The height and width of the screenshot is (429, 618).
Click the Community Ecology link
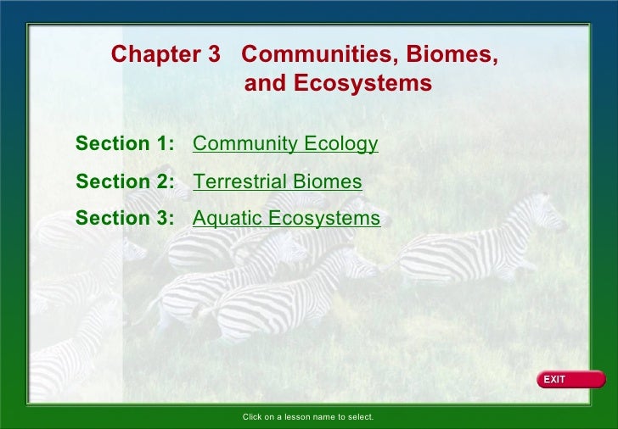coord(285,144)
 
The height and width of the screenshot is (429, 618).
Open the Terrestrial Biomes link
coord(278,182)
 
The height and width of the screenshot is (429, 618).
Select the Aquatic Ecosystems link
coord(287,219)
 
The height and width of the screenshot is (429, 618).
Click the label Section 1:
coord(125,144)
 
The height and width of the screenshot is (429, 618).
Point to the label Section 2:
coord(125,182)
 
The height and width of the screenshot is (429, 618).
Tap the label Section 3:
coord(125,219)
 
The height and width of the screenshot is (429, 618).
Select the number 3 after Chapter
coord(214,54)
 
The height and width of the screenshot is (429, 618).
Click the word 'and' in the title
coord(265,85)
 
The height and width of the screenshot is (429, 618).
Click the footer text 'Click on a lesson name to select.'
coord(308,417)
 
